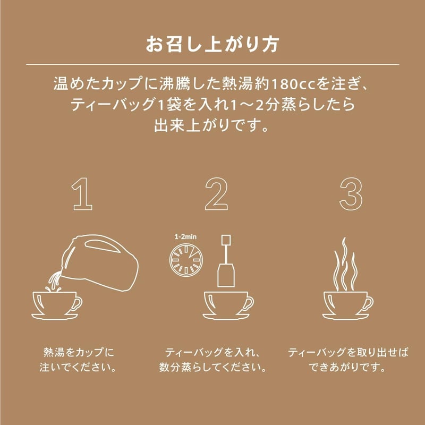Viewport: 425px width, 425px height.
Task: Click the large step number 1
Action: tap(83, 195)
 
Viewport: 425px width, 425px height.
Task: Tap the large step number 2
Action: tap(216, 195)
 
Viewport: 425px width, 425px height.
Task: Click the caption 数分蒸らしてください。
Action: tap(212, 367)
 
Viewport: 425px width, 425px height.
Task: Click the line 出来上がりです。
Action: tap(212, 127)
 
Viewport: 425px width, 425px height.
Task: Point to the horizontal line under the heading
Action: tap(212, 64)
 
